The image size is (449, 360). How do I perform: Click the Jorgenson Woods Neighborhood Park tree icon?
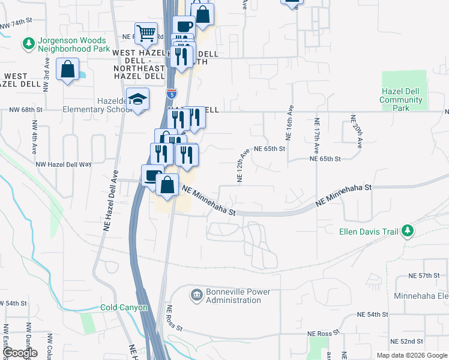[x=28, y=43]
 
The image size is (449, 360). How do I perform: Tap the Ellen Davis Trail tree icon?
[x=408, y=231]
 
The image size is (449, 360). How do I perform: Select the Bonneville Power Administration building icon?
[x=196, y=295]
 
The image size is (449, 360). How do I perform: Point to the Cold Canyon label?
[x=124, y=307]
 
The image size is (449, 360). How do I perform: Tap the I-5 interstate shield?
[x=172, y=94]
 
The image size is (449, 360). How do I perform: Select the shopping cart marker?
[x=146, y=34]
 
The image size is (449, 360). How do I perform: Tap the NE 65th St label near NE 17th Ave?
[x=325, y=159]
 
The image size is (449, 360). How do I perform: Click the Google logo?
[x=20, y=352]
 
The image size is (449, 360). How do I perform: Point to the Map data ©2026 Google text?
[x=412, y=355]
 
